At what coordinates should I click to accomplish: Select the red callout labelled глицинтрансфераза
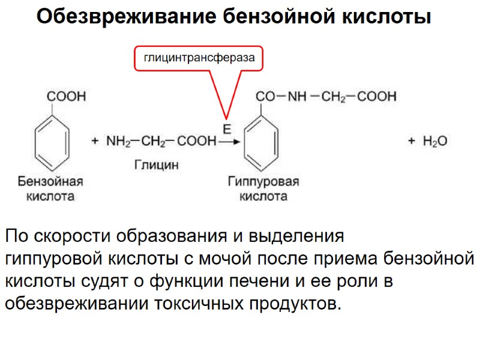pos(199,58)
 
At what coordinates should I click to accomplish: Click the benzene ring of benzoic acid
pos(52,143)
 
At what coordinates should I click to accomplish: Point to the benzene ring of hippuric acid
pos(262,143)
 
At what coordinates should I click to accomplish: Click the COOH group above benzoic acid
pos(67,95)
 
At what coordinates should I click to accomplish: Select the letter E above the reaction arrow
pos(227,129)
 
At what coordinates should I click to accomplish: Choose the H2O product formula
pos(435,142)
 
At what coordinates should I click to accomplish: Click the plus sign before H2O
pos(412,142)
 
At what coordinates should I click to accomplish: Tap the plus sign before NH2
pos(95,142)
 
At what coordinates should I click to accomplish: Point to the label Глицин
pos(156,165)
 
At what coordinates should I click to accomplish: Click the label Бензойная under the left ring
pos(50,181)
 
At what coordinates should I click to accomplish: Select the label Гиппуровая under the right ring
pos(263,181)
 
